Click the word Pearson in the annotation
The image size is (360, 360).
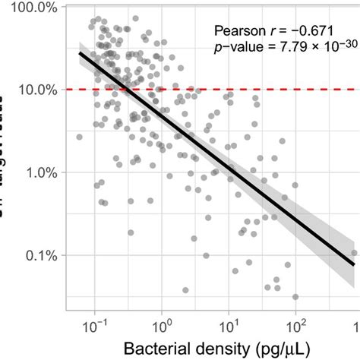238,31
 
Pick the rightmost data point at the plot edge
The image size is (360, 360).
354,253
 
